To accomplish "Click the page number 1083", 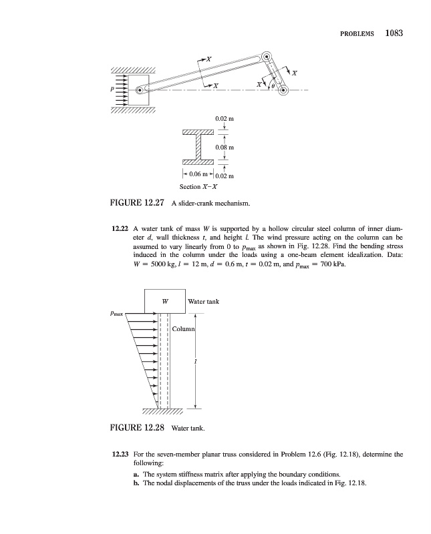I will click(x=397, y=33).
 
